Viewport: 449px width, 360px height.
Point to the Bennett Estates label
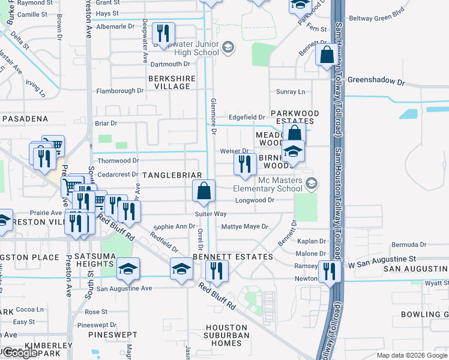click(233, 256)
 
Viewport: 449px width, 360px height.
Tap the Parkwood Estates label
click(294, 117)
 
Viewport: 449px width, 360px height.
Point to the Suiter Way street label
click(211, 214)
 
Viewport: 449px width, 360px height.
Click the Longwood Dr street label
click(255, 200)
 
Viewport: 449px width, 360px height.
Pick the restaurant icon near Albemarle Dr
click(163, 33)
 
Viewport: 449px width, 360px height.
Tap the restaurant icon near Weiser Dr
click(244, 164)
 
